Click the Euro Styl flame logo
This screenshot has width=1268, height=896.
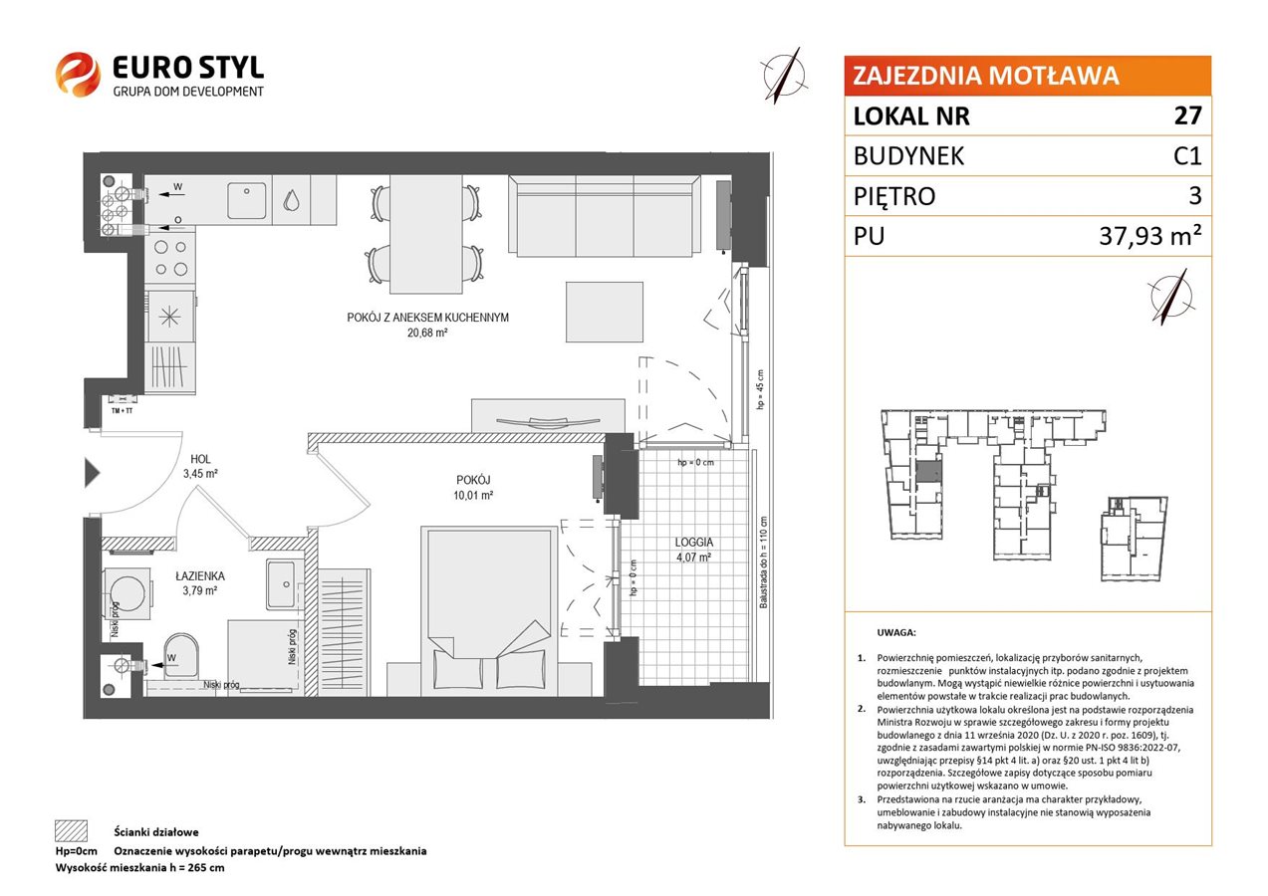[78, 74]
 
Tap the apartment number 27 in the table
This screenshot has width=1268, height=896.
[1187, 115]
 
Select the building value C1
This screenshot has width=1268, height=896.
[1187, 155]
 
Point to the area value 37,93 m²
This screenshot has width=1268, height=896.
[1149, 236]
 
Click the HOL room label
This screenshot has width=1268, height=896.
[200, 459]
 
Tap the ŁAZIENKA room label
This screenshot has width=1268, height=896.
[200, 575]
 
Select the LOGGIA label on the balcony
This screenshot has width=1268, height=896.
[694, 542]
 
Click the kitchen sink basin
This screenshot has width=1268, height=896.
[247, 200]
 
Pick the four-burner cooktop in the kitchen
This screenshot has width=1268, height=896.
[170, 258]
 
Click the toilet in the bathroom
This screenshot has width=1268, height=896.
[181, 656]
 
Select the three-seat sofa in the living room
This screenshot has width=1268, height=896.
[604, 216]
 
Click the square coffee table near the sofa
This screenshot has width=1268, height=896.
[605, 313]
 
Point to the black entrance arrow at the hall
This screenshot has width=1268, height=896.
[93, 473]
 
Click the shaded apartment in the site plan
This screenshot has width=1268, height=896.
[929, 472]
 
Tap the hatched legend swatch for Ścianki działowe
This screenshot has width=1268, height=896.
[72, 830]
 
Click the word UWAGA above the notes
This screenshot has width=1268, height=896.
[896, 632]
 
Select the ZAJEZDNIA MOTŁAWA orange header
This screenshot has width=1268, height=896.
[1027, 76]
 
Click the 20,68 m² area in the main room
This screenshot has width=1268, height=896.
[427, 333]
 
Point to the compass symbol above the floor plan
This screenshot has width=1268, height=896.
[784, 76]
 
